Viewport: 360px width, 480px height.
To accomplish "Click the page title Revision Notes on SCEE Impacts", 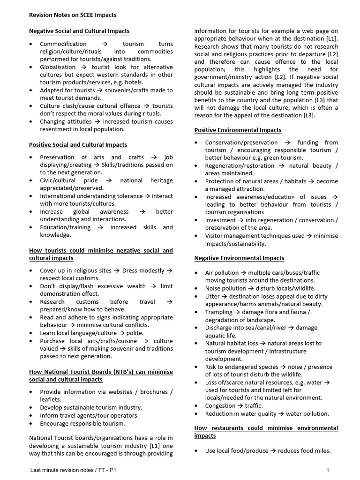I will [x=73, y=15].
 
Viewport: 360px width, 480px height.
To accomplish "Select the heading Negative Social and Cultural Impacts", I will [x=79, y=31].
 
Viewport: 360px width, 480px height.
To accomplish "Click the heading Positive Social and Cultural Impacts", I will [x=78, y=145].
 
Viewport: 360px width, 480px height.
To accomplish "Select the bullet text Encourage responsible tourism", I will [x=82, y=423].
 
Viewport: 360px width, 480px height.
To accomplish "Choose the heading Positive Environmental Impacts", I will [x=238, y=130].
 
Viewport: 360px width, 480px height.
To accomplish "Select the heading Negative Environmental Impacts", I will [x=239, y=258].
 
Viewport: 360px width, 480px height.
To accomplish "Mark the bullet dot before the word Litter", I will [x=196, y=297].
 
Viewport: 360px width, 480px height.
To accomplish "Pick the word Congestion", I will [x=220, y=405].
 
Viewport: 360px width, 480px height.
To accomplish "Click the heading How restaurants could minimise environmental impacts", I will [x=266, y=432].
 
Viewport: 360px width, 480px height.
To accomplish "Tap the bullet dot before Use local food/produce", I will [x=196, y=451].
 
